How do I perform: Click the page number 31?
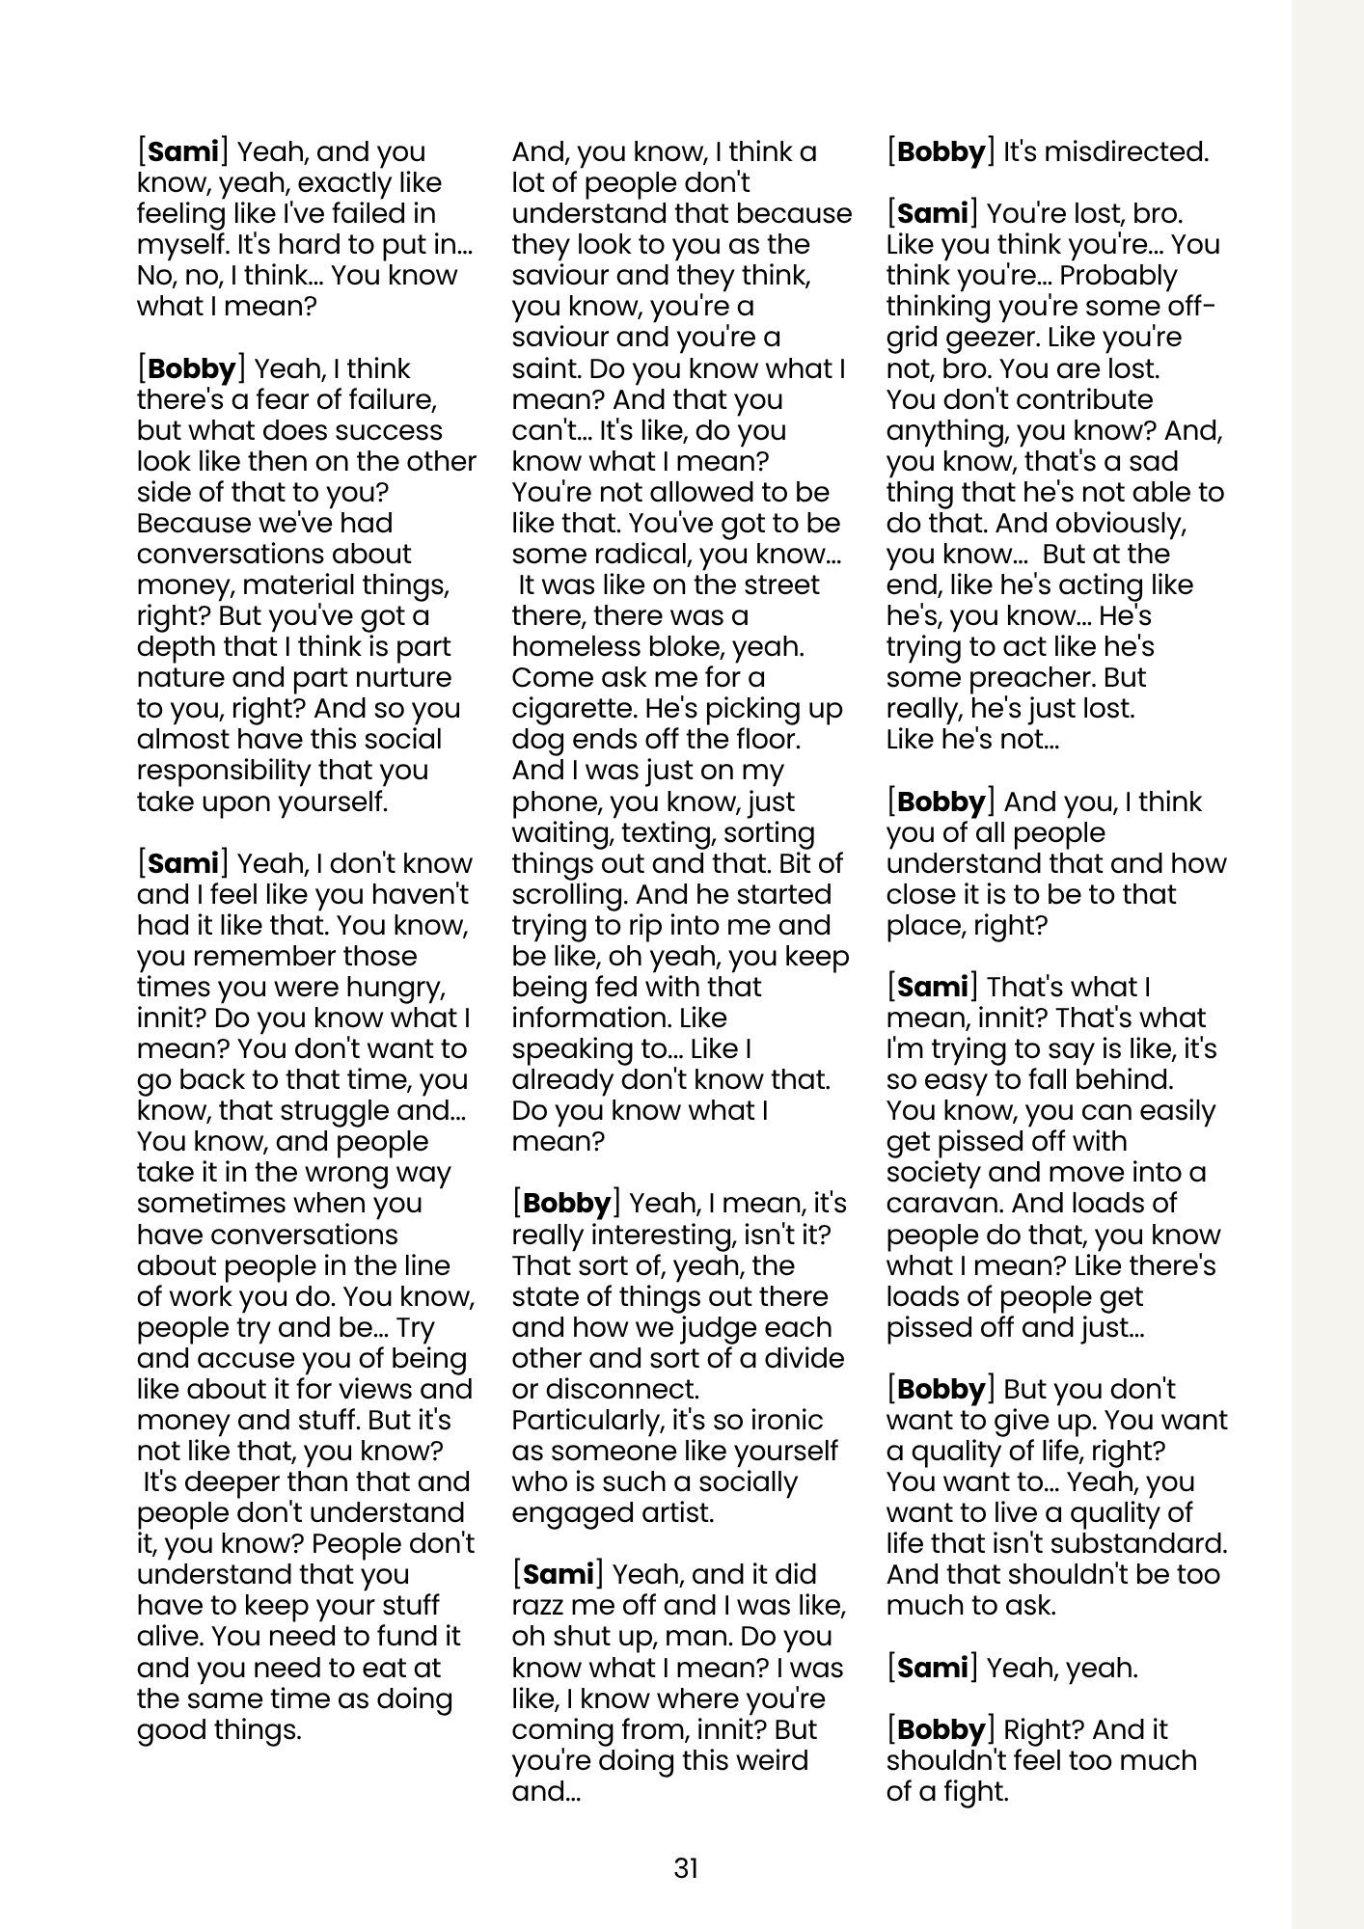coord(685,1868)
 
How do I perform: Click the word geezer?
coord(983,339)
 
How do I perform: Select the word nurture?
coord(402,678)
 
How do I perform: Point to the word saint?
coord(545,369)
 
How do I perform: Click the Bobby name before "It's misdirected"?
coord(941,152)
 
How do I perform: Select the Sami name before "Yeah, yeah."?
coord(932,1668)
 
